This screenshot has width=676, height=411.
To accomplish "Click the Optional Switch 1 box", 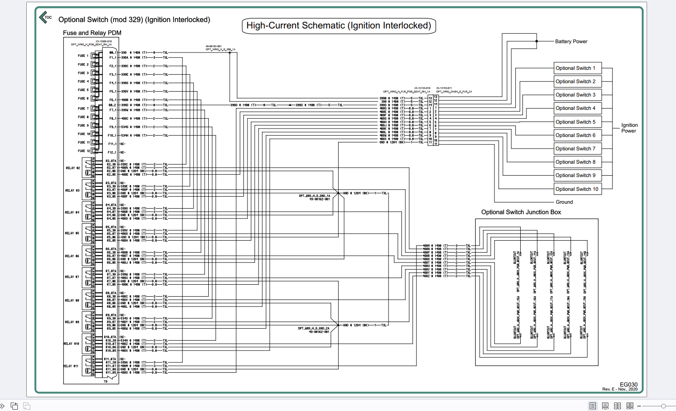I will pos(577,68).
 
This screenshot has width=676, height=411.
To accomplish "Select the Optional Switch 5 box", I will pos(577,122).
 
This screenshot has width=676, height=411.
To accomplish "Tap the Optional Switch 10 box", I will pos(577,189).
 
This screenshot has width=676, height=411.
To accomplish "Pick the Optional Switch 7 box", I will pos(577,149).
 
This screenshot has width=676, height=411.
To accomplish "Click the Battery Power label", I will pos(571,41).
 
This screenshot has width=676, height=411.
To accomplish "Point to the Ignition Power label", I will pos(629,128).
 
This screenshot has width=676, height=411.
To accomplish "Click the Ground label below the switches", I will pos(564,202).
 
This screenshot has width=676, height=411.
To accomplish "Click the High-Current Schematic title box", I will pos(339,26).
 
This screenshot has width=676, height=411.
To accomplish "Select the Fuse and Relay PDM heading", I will pos(92,33).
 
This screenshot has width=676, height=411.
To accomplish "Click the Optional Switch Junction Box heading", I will pos(521,212).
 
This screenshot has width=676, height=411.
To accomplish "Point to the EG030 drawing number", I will pos(628,384).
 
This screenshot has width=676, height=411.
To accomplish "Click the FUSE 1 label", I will pos(83,56).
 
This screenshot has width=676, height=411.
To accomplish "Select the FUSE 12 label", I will pos(84,151).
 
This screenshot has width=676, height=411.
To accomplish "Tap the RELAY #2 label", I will pos(73,168).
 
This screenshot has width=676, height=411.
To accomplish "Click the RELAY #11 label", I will pos(71,366).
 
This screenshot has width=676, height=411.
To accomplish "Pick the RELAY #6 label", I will pos(72,256).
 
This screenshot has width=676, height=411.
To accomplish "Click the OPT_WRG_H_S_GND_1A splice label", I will pos(314,196).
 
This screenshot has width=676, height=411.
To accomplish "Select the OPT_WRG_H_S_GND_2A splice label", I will pos(313,328).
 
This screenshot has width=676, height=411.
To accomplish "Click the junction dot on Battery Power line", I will pos(537,41).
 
